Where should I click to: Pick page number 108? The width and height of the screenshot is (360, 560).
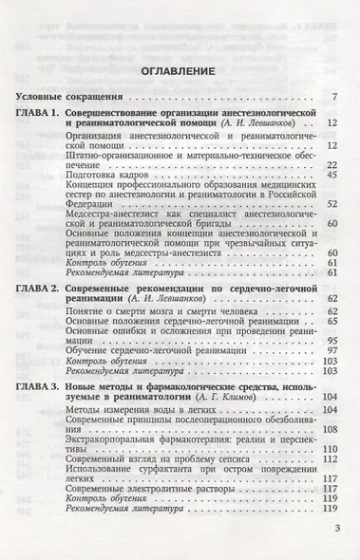tap(332, 428)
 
